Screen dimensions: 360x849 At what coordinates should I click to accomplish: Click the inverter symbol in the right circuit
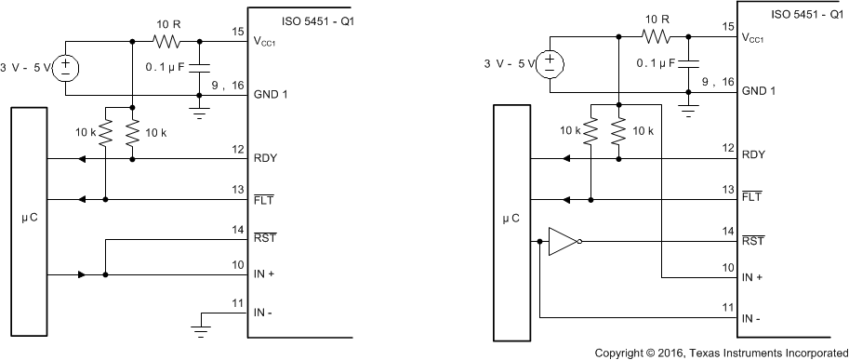[x=564, y=242]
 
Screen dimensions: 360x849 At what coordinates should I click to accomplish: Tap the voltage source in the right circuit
[x=552, y=64]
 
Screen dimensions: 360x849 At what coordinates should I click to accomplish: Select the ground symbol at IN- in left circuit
[x=199, y=325]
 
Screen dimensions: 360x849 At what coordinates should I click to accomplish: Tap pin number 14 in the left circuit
[x=237, y=230]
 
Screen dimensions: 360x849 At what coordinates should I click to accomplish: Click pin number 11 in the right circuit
[x=727, y=306]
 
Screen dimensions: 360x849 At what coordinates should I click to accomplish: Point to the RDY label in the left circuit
[x=265, y=159]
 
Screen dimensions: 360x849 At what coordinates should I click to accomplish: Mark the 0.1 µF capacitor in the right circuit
[x=688, y=64]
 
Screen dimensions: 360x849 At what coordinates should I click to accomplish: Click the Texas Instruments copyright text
[x=721, y=352]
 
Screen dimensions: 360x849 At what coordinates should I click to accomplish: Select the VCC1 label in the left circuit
[x=271, y=42]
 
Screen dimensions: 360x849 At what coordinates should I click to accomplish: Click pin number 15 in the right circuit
[x=727, y=29]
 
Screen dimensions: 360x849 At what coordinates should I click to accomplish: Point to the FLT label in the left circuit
[x=263, y=199]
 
